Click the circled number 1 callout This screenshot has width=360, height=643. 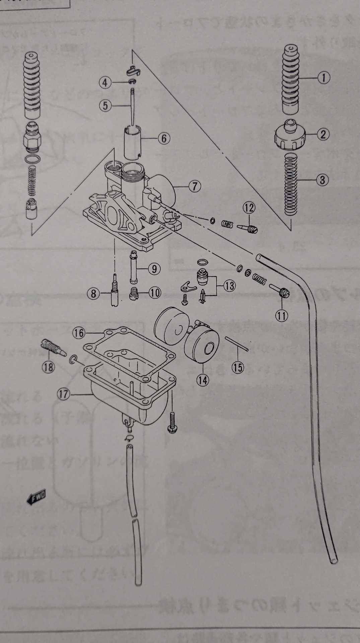323,78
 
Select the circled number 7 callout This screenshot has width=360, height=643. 195,186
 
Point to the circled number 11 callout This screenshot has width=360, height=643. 282,315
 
